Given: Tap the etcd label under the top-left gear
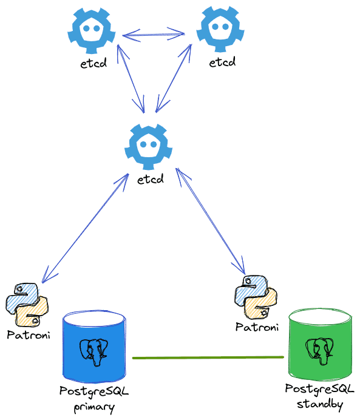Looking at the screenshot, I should click(x=93, y=63).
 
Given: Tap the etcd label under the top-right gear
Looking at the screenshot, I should click(x=222, y=63).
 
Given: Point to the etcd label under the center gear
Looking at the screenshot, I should click(x=150, y=180).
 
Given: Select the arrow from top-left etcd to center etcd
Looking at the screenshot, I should click(x=132, y=78).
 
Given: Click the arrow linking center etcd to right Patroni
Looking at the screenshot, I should click(x=210, y=222).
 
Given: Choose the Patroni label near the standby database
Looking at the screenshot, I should click(x=257, y=327).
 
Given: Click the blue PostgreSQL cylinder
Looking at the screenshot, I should click(x=95, y=349).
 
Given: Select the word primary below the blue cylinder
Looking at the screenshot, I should click(x=94, y=407).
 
